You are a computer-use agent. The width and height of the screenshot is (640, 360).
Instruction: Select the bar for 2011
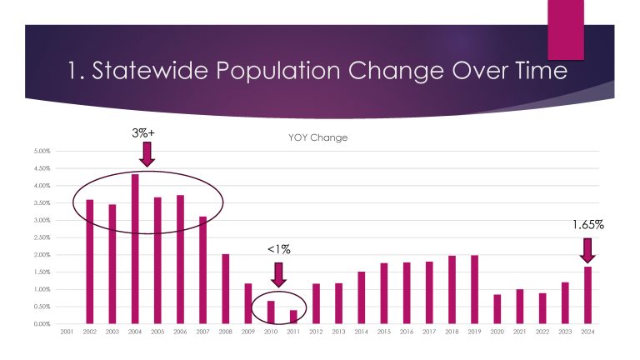[x=293, y=317]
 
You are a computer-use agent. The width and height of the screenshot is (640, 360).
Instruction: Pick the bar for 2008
[x=226, y=288]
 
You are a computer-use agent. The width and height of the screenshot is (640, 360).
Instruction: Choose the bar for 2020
[x=497, y=308]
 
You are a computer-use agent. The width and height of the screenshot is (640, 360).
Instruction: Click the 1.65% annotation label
[x=587, y=224]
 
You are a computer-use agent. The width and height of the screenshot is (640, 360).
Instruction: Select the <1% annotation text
[x=278, y=249]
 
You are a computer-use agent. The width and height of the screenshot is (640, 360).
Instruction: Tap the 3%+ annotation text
[x=146, y=131]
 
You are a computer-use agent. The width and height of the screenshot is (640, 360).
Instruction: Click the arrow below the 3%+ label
[x=146, y=153]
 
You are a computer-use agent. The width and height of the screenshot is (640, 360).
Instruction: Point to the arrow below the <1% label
[x=278, y=273]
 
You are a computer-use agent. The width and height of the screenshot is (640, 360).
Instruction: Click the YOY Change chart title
[x=312, y=138]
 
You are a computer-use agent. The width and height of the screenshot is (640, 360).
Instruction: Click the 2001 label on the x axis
[x=67, y=332]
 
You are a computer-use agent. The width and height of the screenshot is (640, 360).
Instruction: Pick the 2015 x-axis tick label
[x=384, y=332]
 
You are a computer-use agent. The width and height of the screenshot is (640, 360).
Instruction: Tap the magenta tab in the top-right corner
[x=565, y=29]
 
